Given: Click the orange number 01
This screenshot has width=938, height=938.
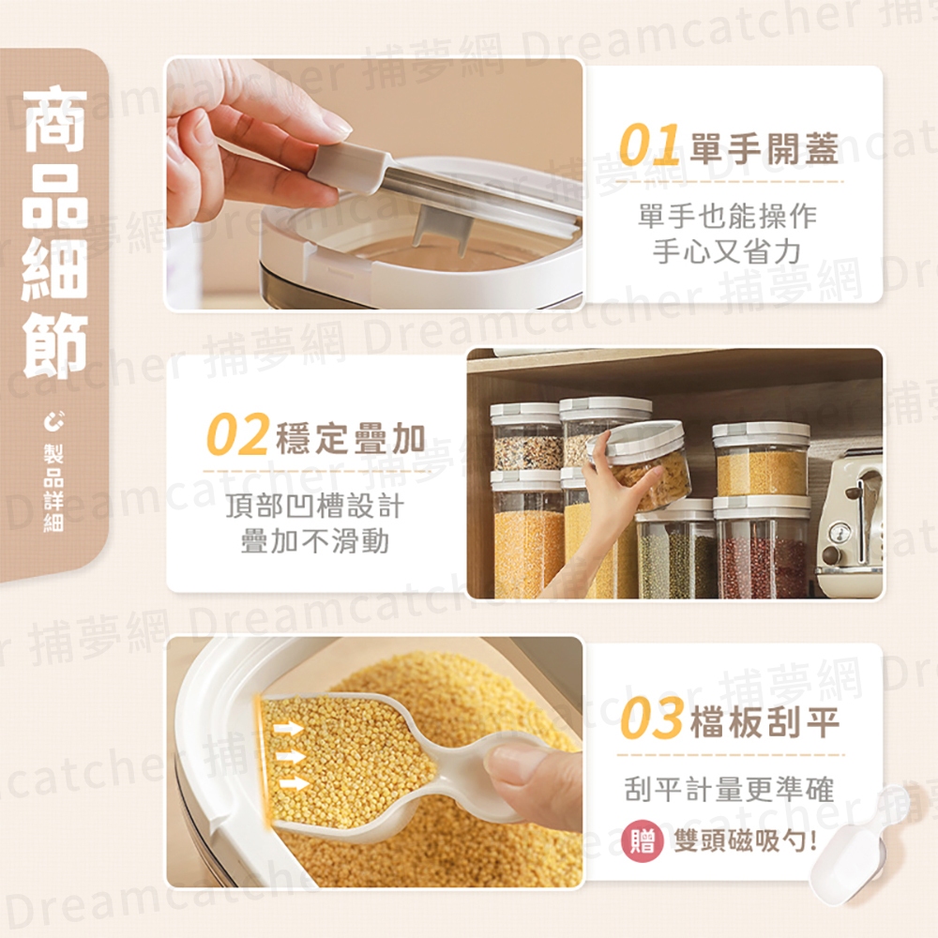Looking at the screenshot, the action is [x=650, y=144].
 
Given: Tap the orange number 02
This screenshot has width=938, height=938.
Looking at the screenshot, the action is [x=237, y=433].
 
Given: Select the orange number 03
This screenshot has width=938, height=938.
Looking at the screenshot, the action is [x=652, y=718].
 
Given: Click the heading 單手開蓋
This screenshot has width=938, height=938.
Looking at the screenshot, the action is [x=764, y=148].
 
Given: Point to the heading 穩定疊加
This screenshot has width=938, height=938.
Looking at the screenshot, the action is [x=351, y=438].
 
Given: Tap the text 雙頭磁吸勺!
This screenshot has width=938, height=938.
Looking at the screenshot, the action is [x=746, y=840].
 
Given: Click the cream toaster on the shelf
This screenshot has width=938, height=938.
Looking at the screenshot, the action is [x=850, y=524].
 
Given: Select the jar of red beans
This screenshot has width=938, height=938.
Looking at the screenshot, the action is [x=761, y=548].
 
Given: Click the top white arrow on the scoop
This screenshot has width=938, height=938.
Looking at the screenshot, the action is [x=288, y=729].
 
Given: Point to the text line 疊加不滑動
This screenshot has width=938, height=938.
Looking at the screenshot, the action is [x=314, y=541].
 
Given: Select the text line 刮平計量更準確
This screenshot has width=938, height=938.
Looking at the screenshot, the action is [x=729, y=790].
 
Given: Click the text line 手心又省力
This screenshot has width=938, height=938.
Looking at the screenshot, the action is [x=727, y=251].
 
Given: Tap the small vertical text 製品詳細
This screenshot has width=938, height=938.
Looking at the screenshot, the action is [x=53, y=487].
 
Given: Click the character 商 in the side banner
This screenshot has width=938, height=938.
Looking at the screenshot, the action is [x=55, y=118].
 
